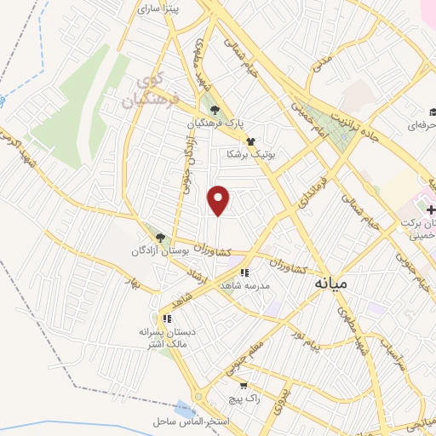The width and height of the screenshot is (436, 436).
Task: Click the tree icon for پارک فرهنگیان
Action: pos(215,109)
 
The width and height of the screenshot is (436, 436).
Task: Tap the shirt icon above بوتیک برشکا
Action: pos(250,141)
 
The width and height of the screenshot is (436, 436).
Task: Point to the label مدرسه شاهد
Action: pos(244,286)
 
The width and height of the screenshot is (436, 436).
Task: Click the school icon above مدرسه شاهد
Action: pos(244,272)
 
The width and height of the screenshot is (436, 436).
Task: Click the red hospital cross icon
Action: pos(432,209)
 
